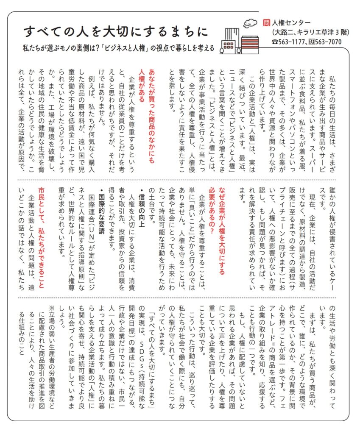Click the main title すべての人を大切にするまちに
tap(115, 31)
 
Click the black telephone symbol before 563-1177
tap(275, 42)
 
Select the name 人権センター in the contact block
tap(290, 23)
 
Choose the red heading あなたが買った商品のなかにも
tap(151, 113)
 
